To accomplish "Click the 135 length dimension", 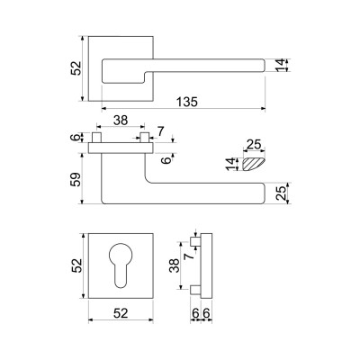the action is pyautogui.click(x=187, y=102).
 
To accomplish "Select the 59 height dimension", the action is pyautogui.click(x=76, y=180).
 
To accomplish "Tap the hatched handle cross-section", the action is pyautogui.click(x=253, y=165).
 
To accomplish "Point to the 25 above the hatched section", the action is pyautogui.click(x=254, y=145).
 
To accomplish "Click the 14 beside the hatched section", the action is pyautogui.click(x=231, y=165).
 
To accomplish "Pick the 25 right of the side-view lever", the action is pyautogui.click(x=281, y=193).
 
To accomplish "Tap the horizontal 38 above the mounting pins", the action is pyautogui.click(x=121, y=121).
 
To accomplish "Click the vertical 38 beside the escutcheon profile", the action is pyautogui.click(x=175, y=265).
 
